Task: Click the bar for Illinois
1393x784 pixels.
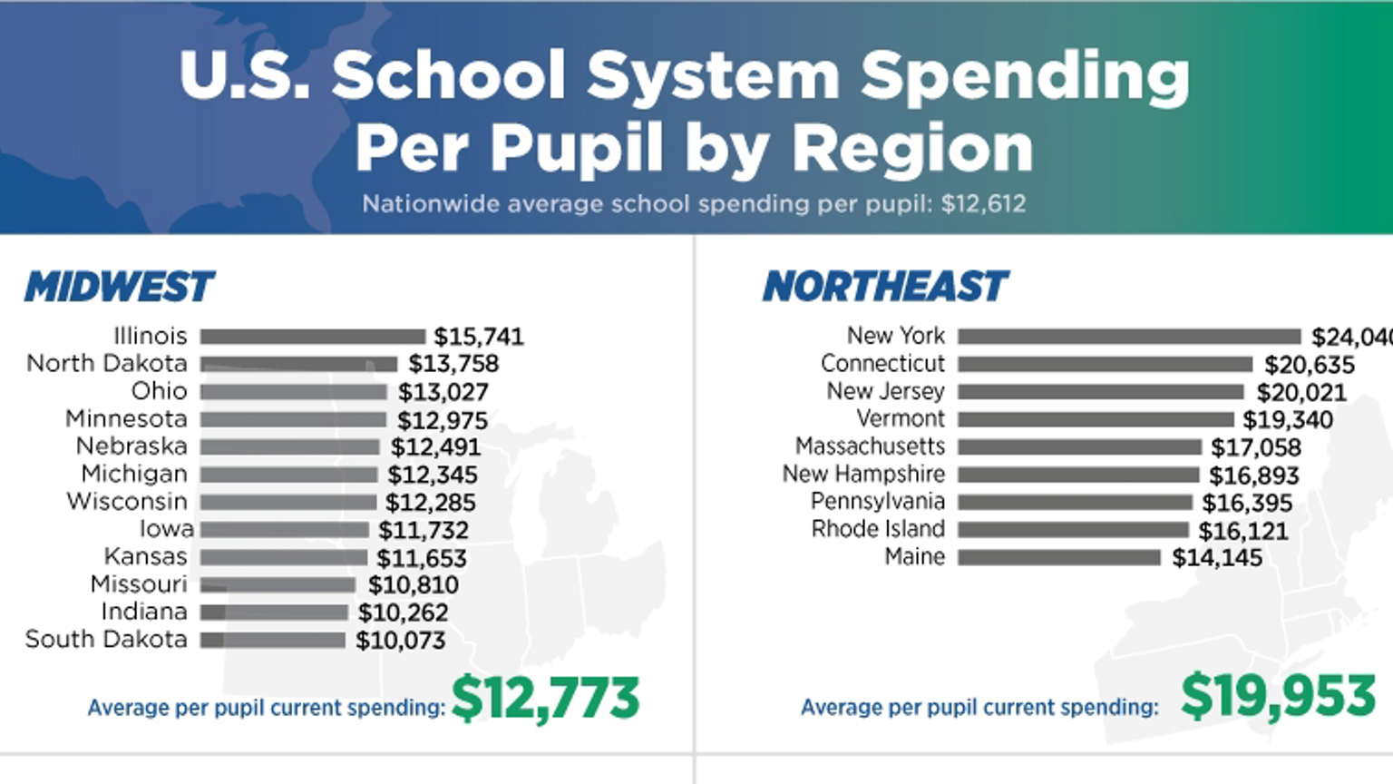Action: (x=312, y=337)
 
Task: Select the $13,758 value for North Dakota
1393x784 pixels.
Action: (x=453, y=364)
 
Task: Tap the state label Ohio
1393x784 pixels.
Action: (x=159, y=391)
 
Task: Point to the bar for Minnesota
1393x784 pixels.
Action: (x=293, y=419)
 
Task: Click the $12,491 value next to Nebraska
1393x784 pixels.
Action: (x=435, y=447)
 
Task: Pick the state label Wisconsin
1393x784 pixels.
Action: (x=127, y=502)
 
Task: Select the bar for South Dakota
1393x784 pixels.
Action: (x=272, y=641)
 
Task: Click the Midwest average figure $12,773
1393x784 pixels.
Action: (x=545, y=699)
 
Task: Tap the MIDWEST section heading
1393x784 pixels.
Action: (x=119, y=287)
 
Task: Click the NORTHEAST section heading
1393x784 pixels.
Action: (x=885, y=287)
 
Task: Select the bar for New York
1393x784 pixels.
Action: (x=1129, y=337)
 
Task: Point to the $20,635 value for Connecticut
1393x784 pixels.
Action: (x=1310, y=365)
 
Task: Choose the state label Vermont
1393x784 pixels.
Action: (x=901, y=419)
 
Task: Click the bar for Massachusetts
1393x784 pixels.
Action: (x=1079, y=447)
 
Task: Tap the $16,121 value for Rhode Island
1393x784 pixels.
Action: (x=1243, y=531)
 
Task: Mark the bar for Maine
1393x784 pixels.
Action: (x=1059, y=558)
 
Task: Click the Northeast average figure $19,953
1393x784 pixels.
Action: (x=1279, y=697)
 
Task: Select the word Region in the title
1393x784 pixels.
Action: (x=912, y=148)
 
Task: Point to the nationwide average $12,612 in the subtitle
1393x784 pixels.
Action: (x=983, y=203)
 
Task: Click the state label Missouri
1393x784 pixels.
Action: (x=139, y=584)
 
